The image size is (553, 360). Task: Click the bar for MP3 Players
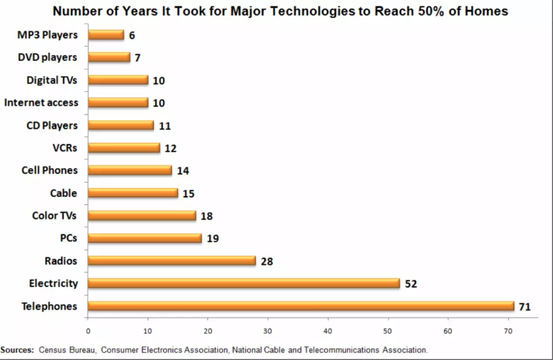tap(106, 35)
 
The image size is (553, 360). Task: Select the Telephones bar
tap(301, 306)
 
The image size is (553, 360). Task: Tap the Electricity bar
tap(244, 283)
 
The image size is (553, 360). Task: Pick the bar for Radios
tap(172, 261)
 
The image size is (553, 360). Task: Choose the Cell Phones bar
tap(130, 171)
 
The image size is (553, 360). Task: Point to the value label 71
tap(525, 307)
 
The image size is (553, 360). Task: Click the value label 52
tap(411, 284)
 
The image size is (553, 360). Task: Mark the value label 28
tap(267, 262)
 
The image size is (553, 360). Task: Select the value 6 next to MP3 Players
tap(132, 36)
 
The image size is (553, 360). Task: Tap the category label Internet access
tap(41, 103)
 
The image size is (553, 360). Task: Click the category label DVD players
tap(48, 57)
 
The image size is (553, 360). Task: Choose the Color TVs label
tap(54, 216)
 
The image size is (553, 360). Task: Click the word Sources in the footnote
tap(17, 350)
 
